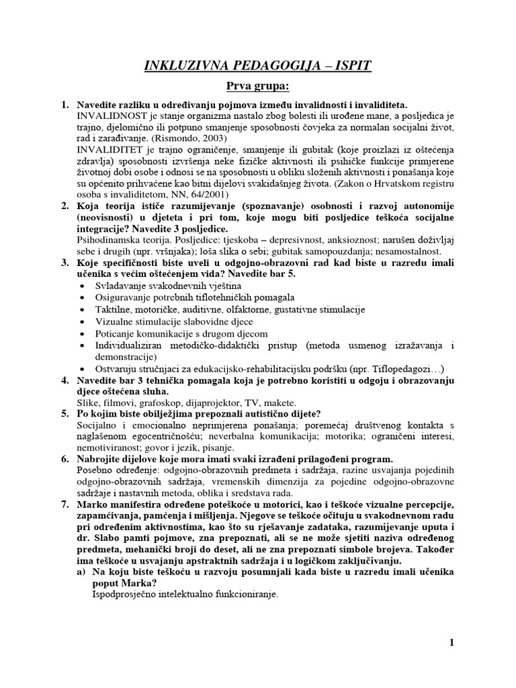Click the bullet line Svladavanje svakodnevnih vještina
155,286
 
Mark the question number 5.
65,414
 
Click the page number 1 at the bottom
451,644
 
